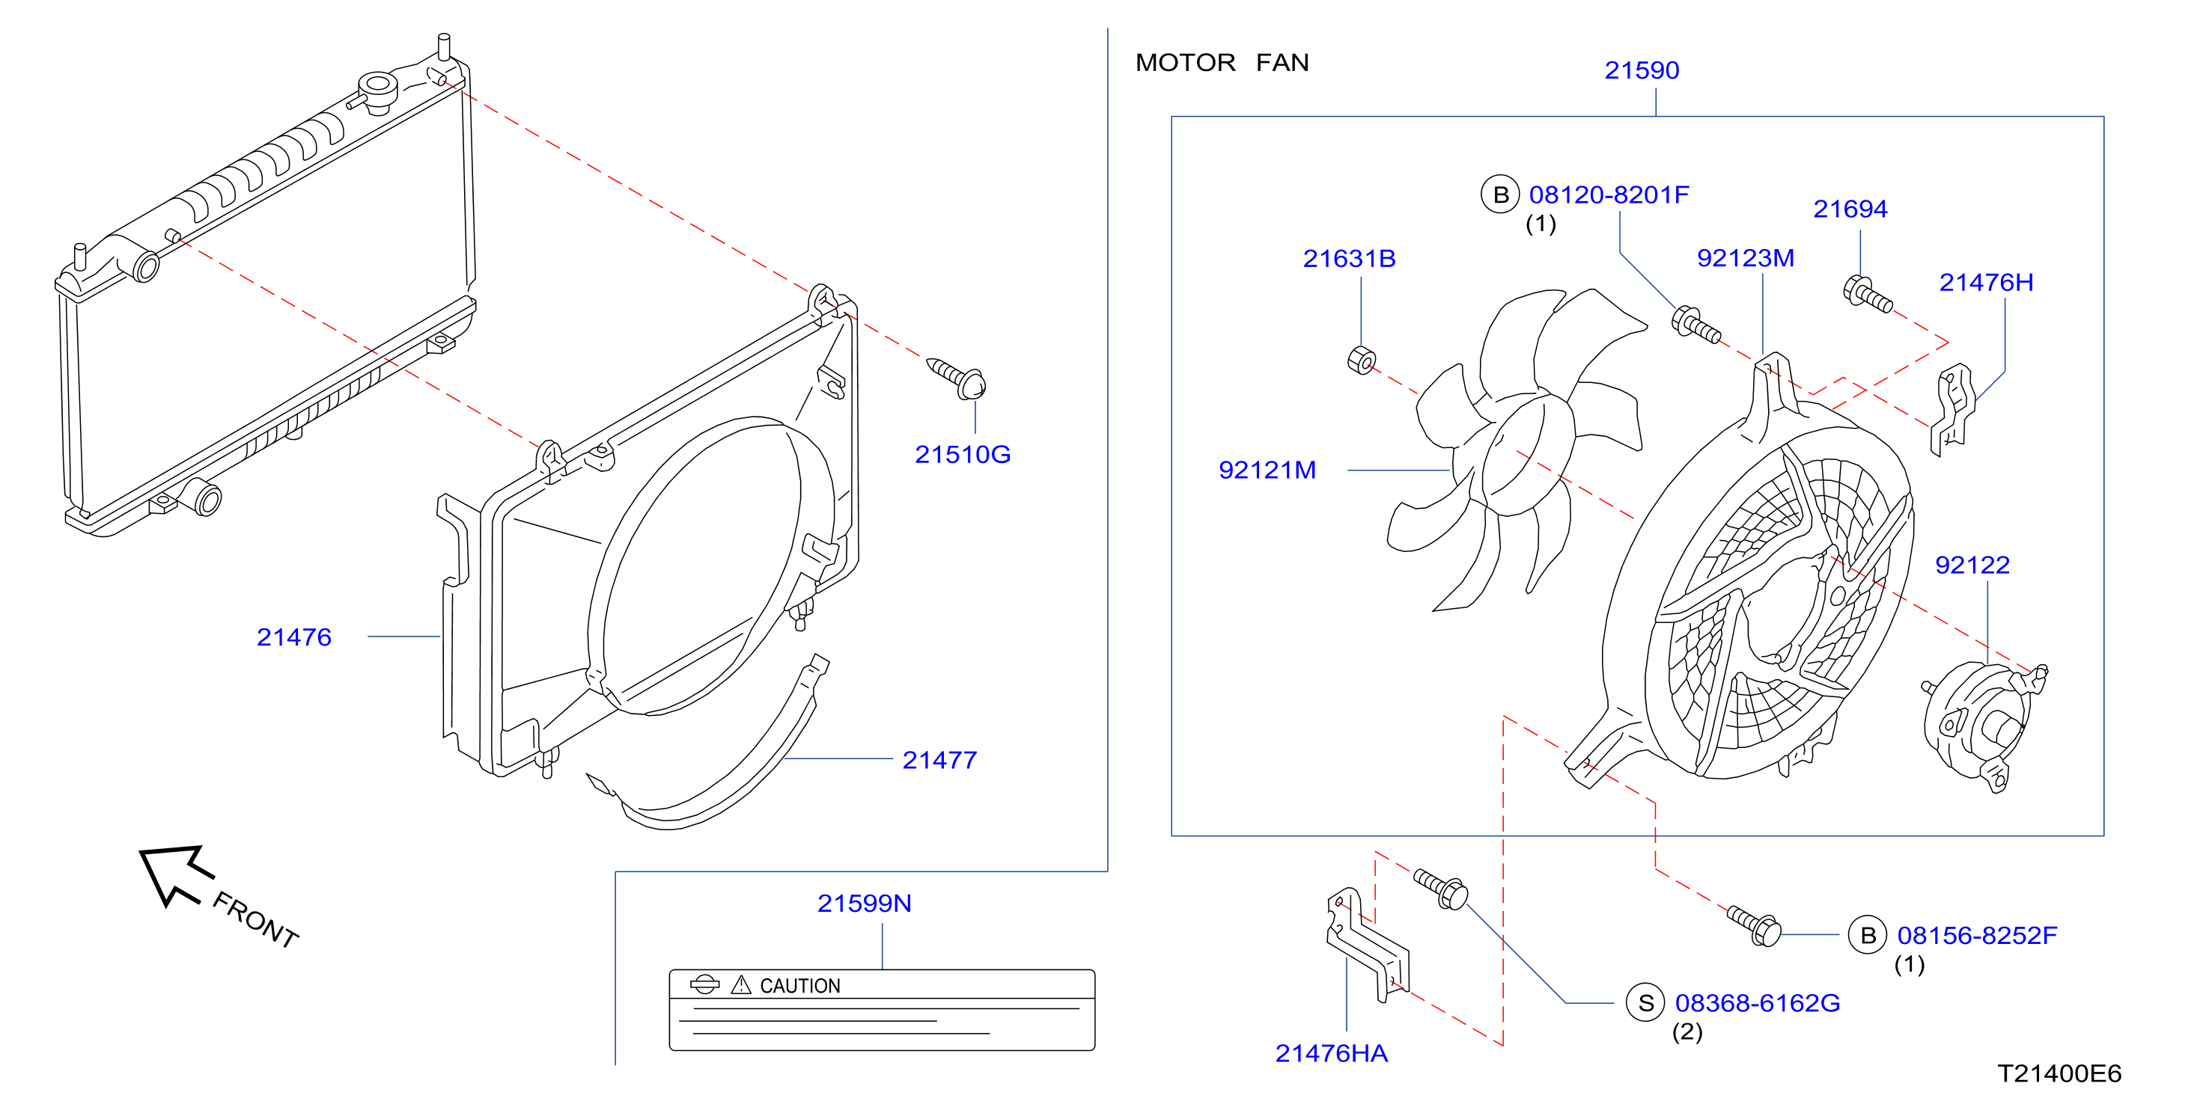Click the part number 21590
tap(1642, 70)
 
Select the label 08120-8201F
tap(1609, 194)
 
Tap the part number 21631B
tap(1349, 258)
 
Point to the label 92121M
tap(1267, 470)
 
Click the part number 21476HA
tap(1331, 1052)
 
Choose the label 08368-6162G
tap(1757, 1003)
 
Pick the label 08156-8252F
tap(1977, 935)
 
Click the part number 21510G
tap(962, 454)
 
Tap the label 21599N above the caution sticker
tap(864, 904)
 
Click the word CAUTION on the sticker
tap(800, 986)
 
